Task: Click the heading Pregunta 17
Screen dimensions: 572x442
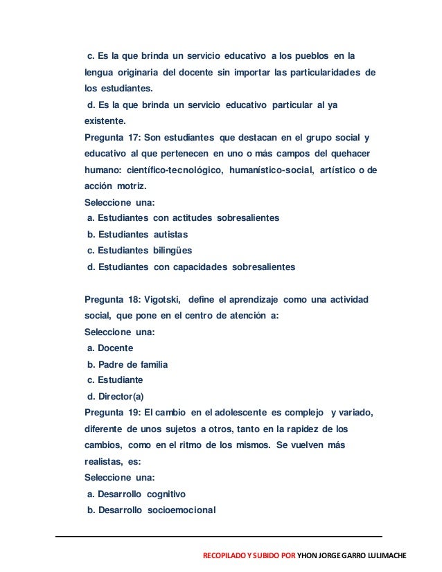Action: click(x=110, y=136)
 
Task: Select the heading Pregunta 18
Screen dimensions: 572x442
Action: click(x=110, y=299)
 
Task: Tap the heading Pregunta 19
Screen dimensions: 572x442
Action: click(x=110, y=413)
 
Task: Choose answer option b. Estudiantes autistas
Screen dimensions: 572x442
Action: click(x=137, y=234)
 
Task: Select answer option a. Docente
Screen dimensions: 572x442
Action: click(x=109, y=348)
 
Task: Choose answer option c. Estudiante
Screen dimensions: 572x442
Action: click(x=114, y=380)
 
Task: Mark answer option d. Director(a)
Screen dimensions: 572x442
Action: click(x=115, y=396)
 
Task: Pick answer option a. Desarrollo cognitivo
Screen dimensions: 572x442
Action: click(x=136, y=494)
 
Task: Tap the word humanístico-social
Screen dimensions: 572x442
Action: click(x=267, y=169)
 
